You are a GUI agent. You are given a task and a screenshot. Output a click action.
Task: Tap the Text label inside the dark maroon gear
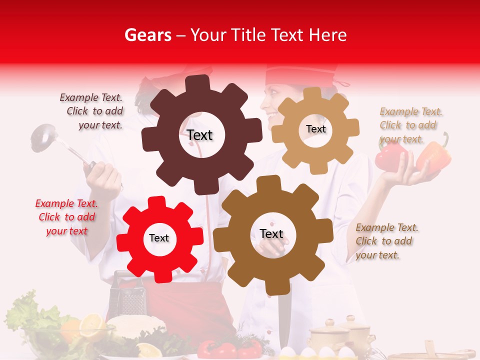click(x=199, y=135)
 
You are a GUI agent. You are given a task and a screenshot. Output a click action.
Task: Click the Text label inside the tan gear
click(x=315, y=129)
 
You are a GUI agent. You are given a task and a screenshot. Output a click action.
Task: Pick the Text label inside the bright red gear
click(x=159, y=238)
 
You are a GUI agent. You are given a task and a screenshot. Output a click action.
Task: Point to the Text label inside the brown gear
click(x=271, y=234)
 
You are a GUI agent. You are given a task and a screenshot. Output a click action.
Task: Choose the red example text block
click(x=66, y=217)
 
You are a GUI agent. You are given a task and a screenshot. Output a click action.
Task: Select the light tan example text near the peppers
click(x=410, y=125)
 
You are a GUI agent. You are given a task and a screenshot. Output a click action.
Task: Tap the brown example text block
click(x=386, y=241)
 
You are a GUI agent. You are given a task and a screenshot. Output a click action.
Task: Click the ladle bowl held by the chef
click(x=42, y=137)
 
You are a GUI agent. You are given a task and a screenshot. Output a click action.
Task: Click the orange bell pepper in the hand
click(x=433, y=156)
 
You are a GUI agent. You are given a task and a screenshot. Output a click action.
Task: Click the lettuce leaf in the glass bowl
click(x=27, y=312)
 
